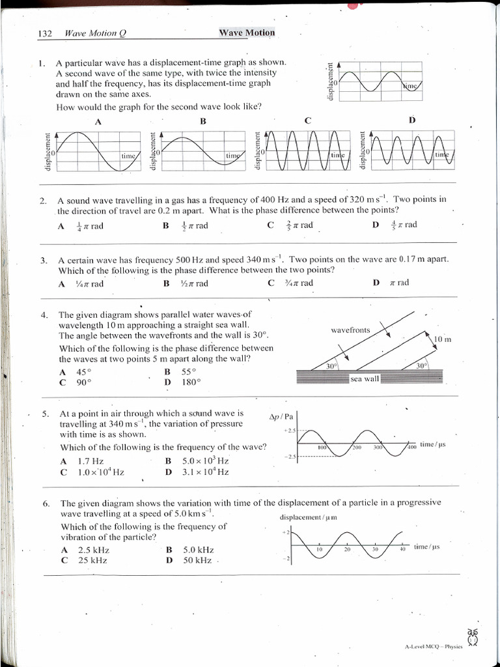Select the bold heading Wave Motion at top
pyautogui.click(x=247, y=33)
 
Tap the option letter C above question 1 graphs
pyautogui.click(x=307, y=121)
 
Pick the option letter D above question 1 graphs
pyautogui.click(x=411, y=120)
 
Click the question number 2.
pyautogui.click(x=43, y=200)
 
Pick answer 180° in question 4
pyautogui.click(x=191, y=382)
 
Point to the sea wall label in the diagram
pyautogui.click(x=364, y=378)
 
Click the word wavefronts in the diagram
pyautogui.click(x=350, y=330)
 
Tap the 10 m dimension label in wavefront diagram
pyautogui.click(x=443, y=339)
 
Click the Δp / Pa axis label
pyautogui.click(x=282, y=417)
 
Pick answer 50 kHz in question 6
pyautogui.click(x=197, y=560)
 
